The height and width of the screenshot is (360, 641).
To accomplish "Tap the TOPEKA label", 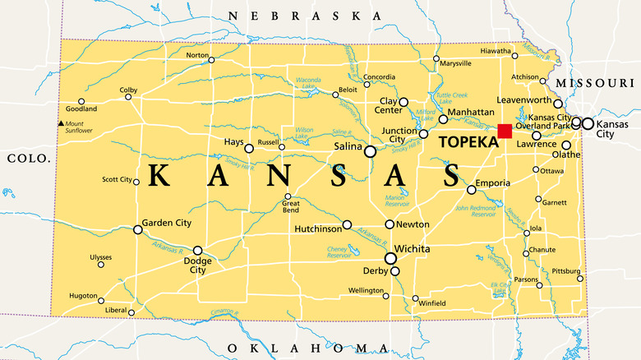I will click(x=468, y=141).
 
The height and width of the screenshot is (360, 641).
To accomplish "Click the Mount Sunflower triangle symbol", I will click(x=60, y=123).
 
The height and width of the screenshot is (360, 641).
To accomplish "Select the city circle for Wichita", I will click(x=390, y=258).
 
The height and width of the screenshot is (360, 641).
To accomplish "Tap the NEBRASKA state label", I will click(x=304, y=16).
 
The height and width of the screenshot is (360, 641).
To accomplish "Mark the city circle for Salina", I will click(x=371, y=151).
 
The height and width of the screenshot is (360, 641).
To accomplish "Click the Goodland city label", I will click(x=81, y=108).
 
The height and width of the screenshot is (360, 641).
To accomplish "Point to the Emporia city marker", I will click(x=472, y=190).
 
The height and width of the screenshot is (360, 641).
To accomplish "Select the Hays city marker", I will click(x=249, y=148).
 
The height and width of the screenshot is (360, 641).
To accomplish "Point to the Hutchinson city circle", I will click(x=347, y=224).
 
